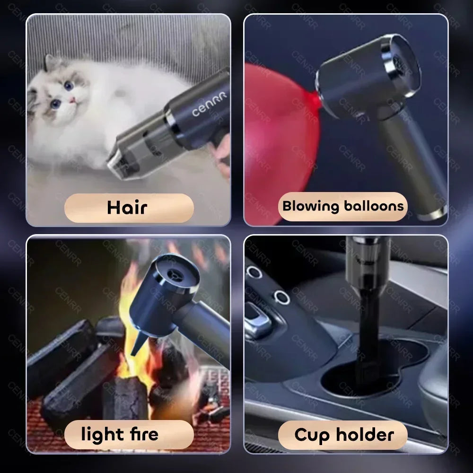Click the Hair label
tap(129, 208)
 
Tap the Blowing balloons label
tap(343, 207)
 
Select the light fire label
tap(129, 434)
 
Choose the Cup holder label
tap(343, 434)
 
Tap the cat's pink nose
tap(73, 100)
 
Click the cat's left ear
tap(51, 63)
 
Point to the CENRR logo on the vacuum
tap(209, 104)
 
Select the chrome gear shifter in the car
tap(258, 322)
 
